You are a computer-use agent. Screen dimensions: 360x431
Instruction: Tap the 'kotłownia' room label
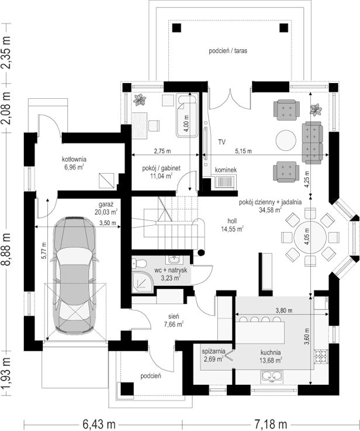74,159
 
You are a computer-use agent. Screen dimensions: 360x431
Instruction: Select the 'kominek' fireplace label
226,170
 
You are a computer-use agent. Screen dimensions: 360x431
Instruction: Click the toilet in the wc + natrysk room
139,264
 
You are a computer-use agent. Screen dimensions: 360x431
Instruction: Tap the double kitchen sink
272,377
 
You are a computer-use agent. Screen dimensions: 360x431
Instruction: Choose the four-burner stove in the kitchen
321,357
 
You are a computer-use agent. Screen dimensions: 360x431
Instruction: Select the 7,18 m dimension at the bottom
271,424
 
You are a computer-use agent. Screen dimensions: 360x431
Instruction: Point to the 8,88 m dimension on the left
6,249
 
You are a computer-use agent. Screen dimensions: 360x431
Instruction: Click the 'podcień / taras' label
228,50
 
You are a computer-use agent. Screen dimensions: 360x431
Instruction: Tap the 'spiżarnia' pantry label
214,351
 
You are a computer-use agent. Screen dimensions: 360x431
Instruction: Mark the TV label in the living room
222,142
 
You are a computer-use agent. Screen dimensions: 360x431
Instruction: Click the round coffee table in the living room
286,140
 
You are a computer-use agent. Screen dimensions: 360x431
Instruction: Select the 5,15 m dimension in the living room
243,151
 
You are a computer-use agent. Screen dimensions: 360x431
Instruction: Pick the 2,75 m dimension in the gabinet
162,151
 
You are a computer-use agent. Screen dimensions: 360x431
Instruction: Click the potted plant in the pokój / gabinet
140,99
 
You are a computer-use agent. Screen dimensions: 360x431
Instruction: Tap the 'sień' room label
174,317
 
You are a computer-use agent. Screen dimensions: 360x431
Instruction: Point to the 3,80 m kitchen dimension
283,311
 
